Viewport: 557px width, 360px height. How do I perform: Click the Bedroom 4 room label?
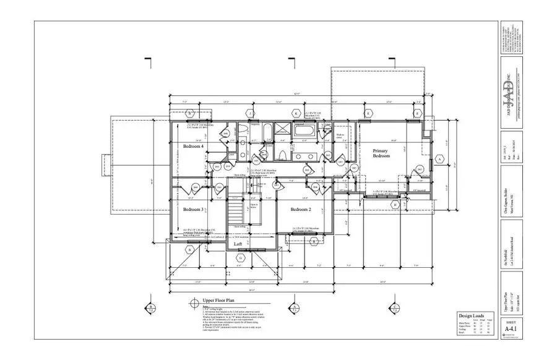tap(194, 146)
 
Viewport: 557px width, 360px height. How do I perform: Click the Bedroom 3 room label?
tap(194, 210)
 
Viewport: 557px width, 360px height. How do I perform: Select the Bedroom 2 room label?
tap(301, 210)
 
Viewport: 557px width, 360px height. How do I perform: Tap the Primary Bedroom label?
tap(381, 153)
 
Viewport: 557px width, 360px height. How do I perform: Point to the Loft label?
tap(238, 244)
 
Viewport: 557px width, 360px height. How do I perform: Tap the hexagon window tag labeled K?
tap(296, 114)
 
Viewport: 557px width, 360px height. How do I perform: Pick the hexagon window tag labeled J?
tap(251, 114)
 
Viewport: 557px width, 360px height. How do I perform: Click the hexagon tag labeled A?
tap(440, 159)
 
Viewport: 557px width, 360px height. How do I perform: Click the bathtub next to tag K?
tap(304, 131)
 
